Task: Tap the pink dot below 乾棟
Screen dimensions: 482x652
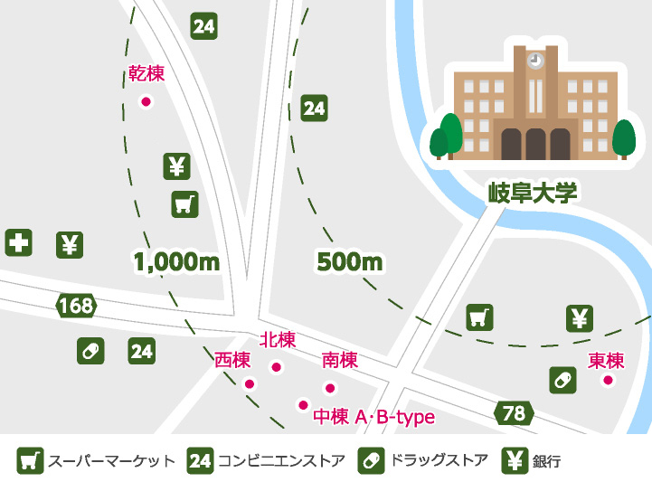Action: [x=146, y=101]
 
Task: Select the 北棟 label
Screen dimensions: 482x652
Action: [x=278, y=340]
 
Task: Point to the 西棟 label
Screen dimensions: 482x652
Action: [x=232, y=360]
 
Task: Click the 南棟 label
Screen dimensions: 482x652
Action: [x=339, y=361]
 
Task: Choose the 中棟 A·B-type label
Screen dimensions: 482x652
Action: [x=373, y=417]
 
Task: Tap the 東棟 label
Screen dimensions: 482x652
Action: [x=606, y=360]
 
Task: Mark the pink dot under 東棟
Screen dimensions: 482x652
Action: [x=608, y=380]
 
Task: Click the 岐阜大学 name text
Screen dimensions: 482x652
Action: [x=532, y=193]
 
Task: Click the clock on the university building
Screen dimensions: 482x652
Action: [x=535, y=60]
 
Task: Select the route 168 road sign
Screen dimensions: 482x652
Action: [x=76, y=306]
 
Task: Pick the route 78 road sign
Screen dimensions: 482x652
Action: [x=513, y=413]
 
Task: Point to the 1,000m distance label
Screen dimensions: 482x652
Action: [x=177, y=262]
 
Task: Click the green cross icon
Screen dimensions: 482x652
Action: [x=19, y=242]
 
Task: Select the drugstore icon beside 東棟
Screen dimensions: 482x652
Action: [x=562, y=380]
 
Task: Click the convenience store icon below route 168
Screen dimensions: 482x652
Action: [x=141, y=350]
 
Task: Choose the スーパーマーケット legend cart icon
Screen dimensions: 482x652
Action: [x=31, y=460]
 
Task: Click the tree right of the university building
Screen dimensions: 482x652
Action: [x=624, y=138]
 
